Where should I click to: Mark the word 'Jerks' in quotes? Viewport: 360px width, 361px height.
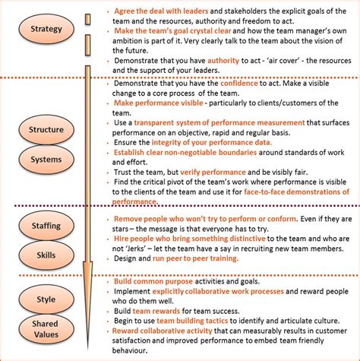(161, 248)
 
